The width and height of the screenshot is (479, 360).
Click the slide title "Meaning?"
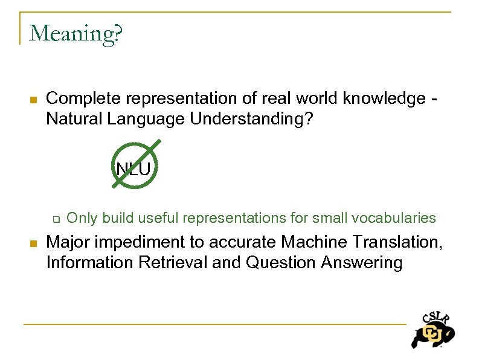pyautogui.click(x=76, y=34)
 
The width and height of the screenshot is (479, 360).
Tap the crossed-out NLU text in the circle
pyautogui.click(x=133, y=169)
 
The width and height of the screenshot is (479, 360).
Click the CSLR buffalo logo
pyautogui.click(x=432, y=331)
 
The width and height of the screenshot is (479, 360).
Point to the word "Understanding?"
pyautogui.click(x=251, y=119)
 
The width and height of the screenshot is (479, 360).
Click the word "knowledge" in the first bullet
pyautogui.click(x=384, y=98)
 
